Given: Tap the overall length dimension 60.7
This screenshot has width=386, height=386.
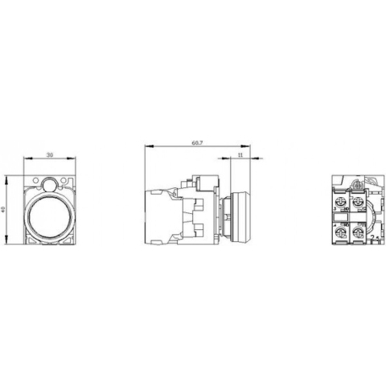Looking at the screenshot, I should click(x=196, y=142).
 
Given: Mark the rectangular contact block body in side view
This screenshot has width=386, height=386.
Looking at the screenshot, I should click(x=160, y=216).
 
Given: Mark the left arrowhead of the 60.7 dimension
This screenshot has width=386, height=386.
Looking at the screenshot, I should click(x=146, y=146).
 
